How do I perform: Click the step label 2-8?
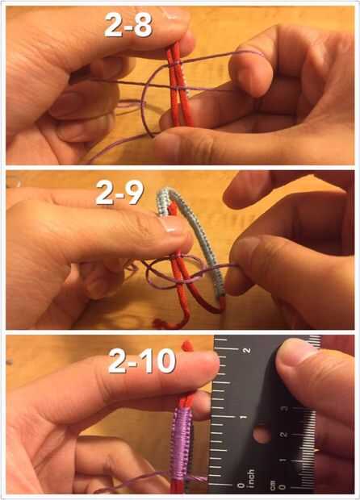[x=128, y=24]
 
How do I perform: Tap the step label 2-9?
[x=119, y=193]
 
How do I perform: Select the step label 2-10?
[x=142, y=361]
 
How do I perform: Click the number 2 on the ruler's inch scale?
[x=246, y=350]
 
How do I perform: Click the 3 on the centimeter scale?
[x=284, y=409]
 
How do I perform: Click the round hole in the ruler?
[x=262, y=435]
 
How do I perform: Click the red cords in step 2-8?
[x=179, y=86]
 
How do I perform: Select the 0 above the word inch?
[x=241, y=485]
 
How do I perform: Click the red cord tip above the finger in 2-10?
[x=187, y=346]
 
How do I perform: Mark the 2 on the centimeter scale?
[x=283, y=435]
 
